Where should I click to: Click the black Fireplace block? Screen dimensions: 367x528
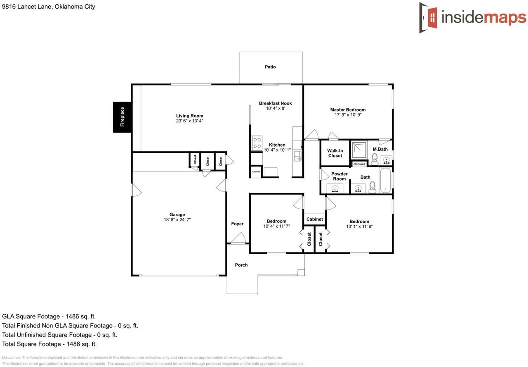pyautogui.click(x=123, y=117)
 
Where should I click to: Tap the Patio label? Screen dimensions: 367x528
pyautogui.click(x=270, y=67)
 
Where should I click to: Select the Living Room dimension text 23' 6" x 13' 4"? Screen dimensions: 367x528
pyautogui.click(x=189, y=121)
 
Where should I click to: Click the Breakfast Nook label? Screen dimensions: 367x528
pyautogui.click(x=275, y=103)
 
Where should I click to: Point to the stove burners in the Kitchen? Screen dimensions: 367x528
pyautogui.click(x=257, y=143)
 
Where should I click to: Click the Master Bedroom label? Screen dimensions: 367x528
pyautogui.click(x=348, y=110)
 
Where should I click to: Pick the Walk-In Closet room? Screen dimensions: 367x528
pyautogui.click(x=335, y=153)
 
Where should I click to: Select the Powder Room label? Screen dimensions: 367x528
pyautogui.click(x=339, y=176)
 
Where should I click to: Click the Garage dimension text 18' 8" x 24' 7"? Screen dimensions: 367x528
pyautogui.click(x=177, y=220)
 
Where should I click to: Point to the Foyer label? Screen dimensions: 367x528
pyautogui.click(x=237, y=224)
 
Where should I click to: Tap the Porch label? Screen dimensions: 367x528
pyautogui.click(x=241, y=265)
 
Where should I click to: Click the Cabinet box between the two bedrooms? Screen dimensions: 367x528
pyautogui.click(x=314, y=219)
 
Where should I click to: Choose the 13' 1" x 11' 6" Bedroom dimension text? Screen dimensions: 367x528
pyautogui.click(x=359, y=227)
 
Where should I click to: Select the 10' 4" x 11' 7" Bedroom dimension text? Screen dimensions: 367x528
pyautogui.click(x=276, y=227)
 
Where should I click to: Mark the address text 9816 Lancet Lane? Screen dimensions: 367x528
pyautogui.click(x=27, y=7)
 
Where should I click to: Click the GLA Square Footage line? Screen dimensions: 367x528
pyautogui.click(x=49, y=317)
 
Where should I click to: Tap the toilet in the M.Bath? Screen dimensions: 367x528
pyautogui.click(x=375, y=159)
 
